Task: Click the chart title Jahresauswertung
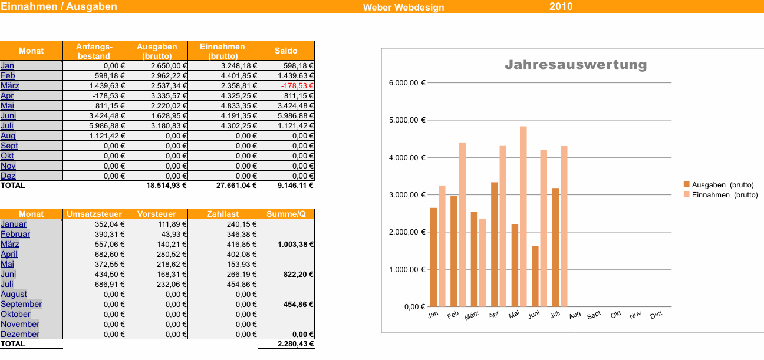pos(575,65)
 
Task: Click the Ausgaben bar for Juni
pos(535,276)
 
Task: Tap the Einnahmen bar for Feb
pos(462,224)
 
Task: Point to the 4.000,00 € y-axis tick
pos(407,158)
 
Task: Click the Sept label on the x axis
pos(594,315)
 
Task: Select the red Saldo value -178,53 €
pos(299,86)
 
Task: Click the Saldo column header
pos(286,51)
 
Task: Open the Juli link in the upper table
pos(7,126)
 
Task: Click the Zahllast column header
pos(222,214)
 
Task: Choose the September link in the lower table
pos(21,305)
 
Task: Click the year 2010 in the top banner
pos(561,7)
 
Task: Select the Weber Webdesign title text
pos(403,8)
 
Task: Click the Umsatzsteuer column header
pos(94,214)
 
